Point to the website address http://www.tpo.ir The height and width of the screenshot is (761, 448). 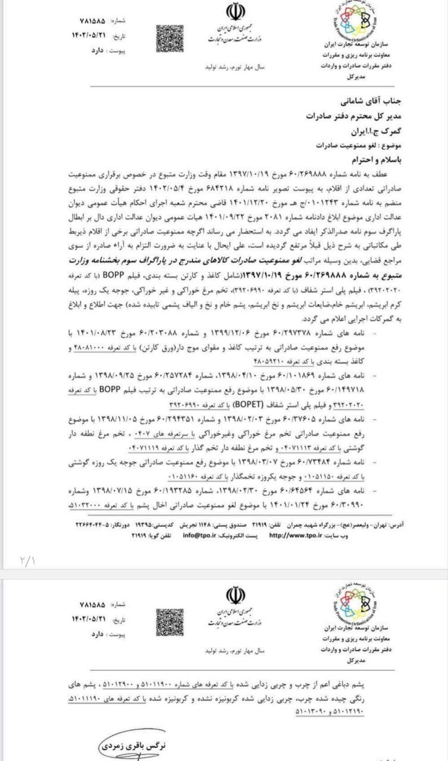click(x=295, y=534)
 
